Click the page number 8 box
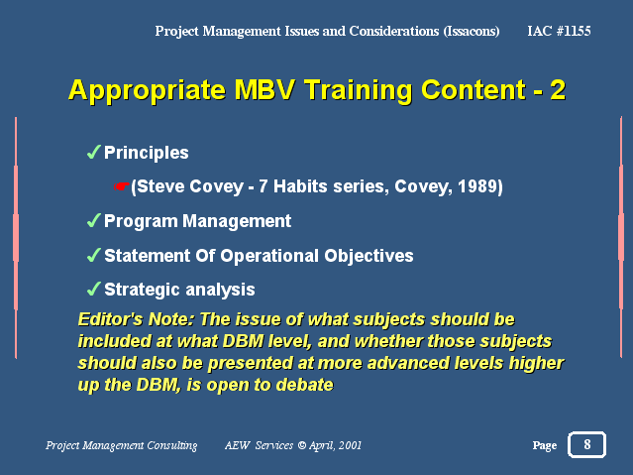[586, 444]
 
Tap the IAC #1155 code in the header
[559, 31]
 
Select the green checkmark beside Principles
[94, 152]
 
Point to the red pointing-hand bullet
[121, 186]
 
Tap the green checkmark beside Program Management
[94, 220]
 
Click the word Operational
[269, 256]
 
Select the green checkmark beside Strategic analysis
[94, 289]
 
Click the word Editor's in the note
[110, 319]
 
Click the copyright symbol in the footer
[301, 445]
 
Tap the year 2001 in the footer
[350, 445]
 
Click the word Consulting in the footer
[172, 445]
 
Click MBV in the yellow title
[264, 89]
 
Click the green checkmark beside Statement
[94, 255]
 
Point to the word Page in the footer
[545, 445]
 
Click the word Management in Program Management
[237, 221]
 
